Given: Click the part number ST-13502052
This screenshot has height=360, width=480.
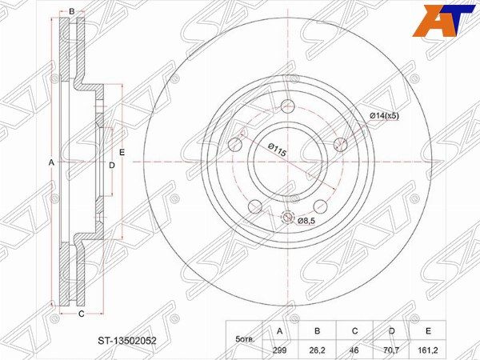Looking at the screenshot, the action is (x=127, y=341).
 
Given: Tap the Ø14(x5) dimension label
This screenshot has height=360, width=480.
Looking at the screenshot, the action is (x=384, y=116).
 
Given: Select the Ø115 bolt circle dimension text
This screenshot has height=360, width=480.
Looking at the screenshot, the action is (x=277, y=150).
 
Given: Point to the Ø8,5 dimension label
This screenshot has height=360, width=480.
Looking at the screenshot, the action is (x=306, y=221).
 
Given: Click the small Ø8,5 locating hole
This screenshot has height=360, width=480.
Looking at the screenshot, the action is (x=287, y=217).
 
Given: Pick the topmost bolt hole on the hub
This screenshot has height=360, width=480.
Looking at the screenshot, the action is (x=288, y=106).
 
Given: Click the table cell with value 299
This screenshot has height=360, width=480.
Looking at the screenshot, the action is (x=280, y=350).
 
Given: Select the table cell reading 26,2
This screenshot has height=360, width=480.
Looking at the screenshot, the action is (x=317, y=350).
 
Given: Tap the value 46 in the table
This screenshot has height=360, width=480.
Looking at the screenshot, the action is (x=354, y=350).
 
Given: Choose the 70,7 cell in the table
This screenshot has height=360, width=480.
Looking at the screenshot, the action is (x=391, y=350).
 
